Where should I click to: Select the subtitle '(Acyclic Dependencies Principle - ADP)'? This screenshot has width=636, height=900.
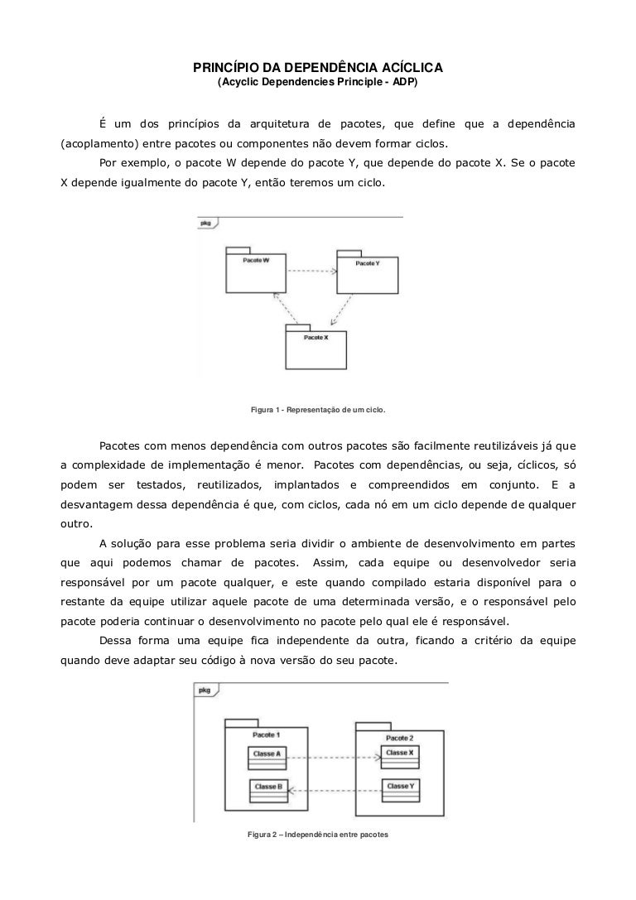point(318,84)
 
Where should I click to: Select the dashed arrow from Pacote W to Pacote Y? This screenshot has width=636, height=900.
point(311,271)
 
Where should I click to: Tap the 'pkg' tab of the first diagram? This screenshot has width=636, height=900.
point(205,223)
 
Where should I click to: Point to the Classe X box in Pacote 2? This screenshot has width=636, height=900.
point(399,754)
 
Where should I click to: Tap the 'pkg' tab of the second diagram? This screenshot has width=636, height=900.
point(204,689)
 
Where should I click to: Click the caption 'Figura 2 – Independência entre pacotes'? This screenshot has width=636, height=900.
point(318,834)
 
